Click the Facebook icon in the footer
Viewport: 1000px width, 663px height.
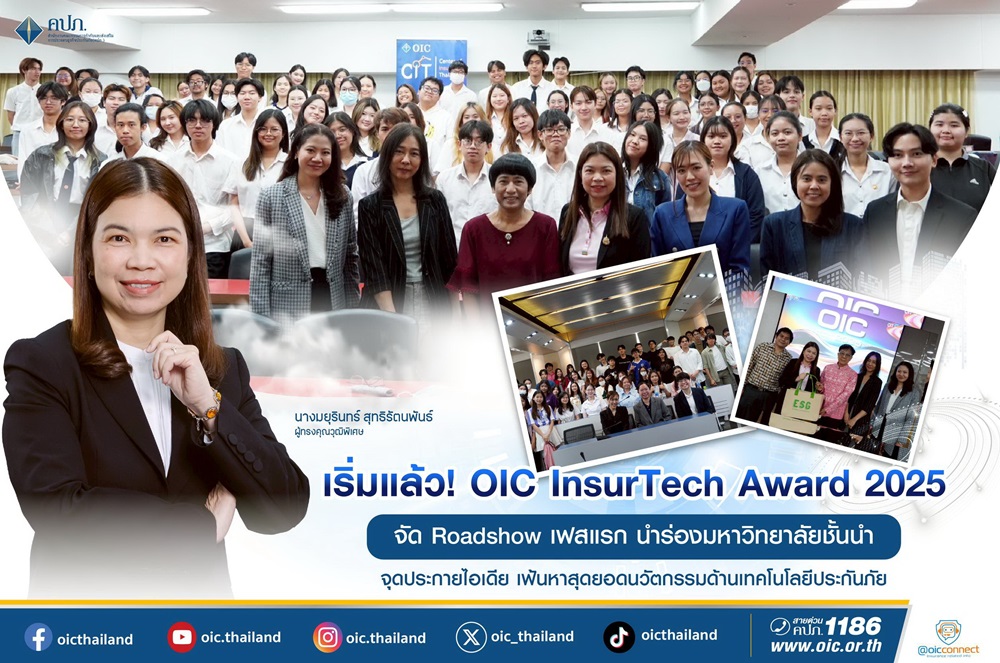pos(39,637)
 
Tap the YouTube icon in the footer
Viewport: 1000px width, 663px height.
pos(182,637)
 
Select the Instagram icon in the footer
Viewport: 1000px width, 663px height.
pos(327,637)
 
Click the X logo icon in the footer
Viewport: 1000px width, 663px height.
pos(471,637)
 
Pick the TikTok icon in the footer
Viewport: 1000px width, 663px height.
pos(619,637)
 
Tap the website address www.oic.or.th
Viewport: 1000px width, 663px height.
pos(825,647)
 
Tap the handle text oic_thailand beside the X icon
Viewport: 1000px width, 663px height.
pos(534,637)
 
